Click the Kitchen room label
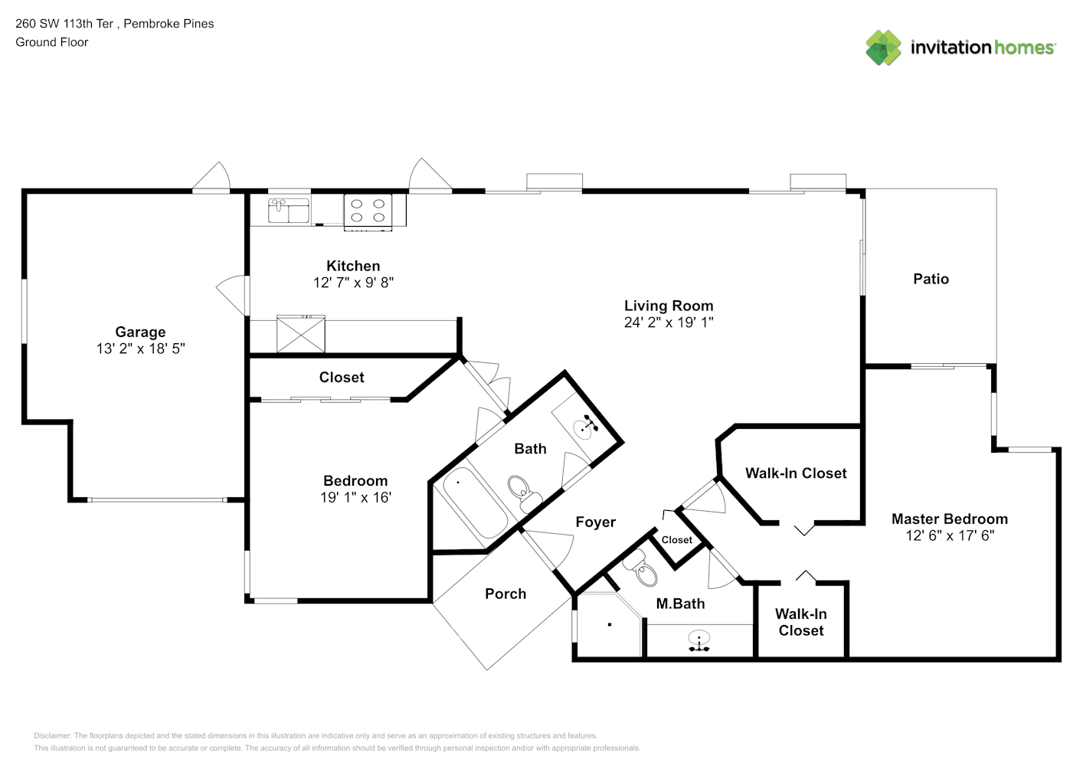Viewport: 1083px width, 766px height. point(353,266)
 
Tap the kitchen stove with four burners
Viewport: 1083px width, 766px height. point(368,211)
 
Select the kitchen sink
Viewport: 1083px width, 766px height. point(289,211)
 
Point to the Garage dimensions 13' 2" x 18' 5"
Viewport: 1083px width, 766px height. point(140,349)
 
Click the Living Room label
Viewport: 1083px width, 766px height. point(669,306)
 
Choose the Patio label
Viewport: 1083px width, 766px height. point(931,279)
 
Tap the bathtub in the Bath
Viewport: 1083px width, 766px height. point(475,502)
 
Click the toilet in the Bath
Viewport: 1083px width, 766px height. point(524,493)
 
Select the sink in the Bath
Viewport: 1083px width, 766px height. point(584,427)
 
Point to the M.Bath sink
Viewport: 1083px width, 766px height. point(699,640)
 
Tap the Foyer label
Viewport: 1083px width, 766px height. point(595,522)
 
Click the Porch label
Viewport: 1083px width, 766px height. point(506,594)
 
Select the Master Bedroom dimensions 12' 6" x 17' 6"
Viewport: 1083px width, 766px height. point(950,535)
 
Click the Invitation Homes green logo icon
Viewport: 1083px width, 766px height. point(883,47)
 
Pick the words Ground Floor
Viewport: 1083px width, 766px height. point(52,42)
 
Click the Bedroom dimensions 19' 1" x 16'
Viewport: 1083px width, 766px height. point(355,497)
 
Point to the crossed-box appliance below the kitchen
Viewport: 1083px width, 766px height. point(301,334)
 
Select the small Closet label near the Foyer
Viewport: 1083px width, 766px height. point(676,540)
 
